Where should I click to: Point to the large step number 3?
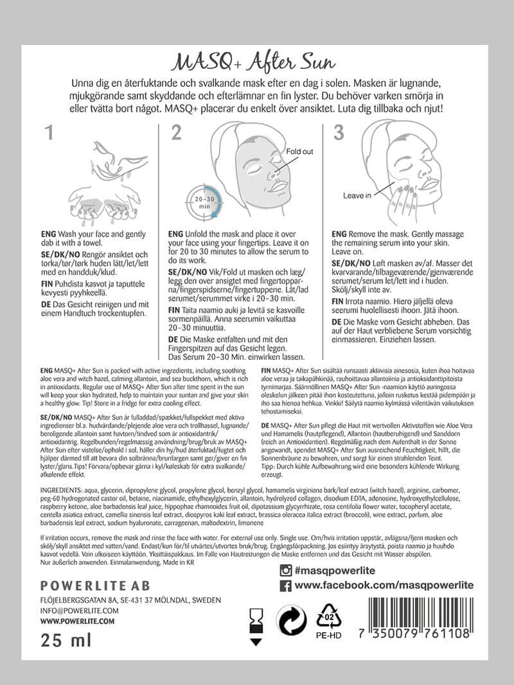tap(339, 133)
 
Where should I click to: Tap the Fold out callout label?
tap(299, 152)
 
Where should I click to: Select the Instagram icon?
tap(286, 571)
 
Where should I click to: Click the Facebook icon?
tap(286, 585)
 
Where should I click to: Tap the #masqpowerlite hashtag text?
tap(335, 571)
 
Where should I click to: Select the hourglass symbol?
tap(256, 620)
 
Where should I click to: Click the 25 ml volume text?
tap(66, 640)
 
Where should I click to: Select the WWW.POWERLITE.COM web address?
tap(77, 621)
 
